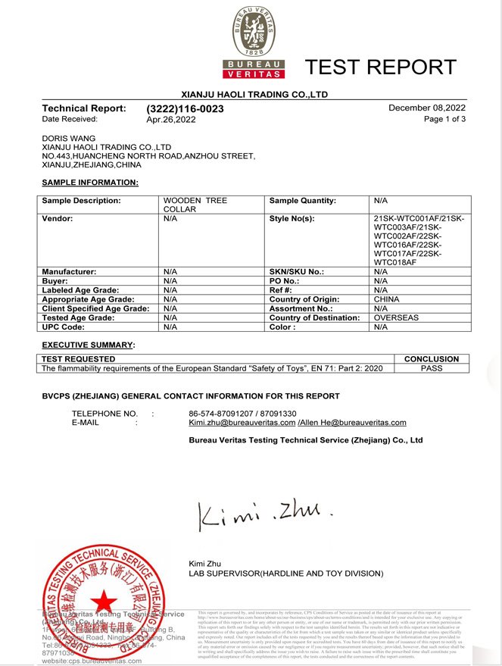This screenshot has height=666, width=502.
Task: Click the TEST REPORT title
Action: tap(381, 67)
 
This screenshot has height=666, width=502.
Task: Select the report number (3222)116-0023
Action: tap(185, 109)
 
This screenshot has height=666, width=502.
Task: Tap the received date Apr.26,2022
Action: tap(171, 120)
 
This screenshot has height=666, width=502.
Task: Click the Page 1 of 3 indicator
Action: tap(444, 120)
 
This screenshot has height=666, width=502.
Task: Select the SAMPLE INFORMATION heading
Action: tap(90, 183)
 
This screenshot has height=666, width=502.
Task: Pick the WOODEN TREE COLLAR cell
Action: tap(195, 205)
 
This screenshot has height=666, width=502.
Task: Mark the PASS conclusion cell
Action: tap(432, 368)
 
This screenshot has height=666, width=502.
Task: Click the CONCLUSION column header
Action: tap(432, 359)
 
